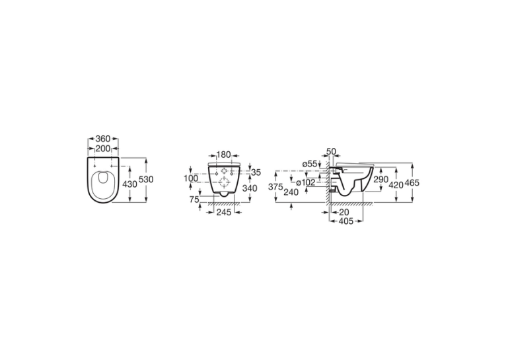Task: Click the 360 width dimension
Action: point(103,139)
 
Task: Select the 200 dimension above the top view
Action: point(103,149)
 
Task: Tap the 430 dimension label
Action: point(130,184)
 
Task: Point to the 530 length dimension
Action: point(146,180)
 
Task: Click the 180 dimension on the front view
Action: point(224,155)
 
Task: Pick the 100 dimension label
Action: point(191,178)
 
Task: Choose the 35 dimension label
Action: point(256,172)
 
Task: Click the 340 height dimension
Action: point(250,188)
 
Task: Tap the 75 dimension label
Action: point(194,199)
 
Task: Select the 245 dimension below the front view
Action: point(224,212)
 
